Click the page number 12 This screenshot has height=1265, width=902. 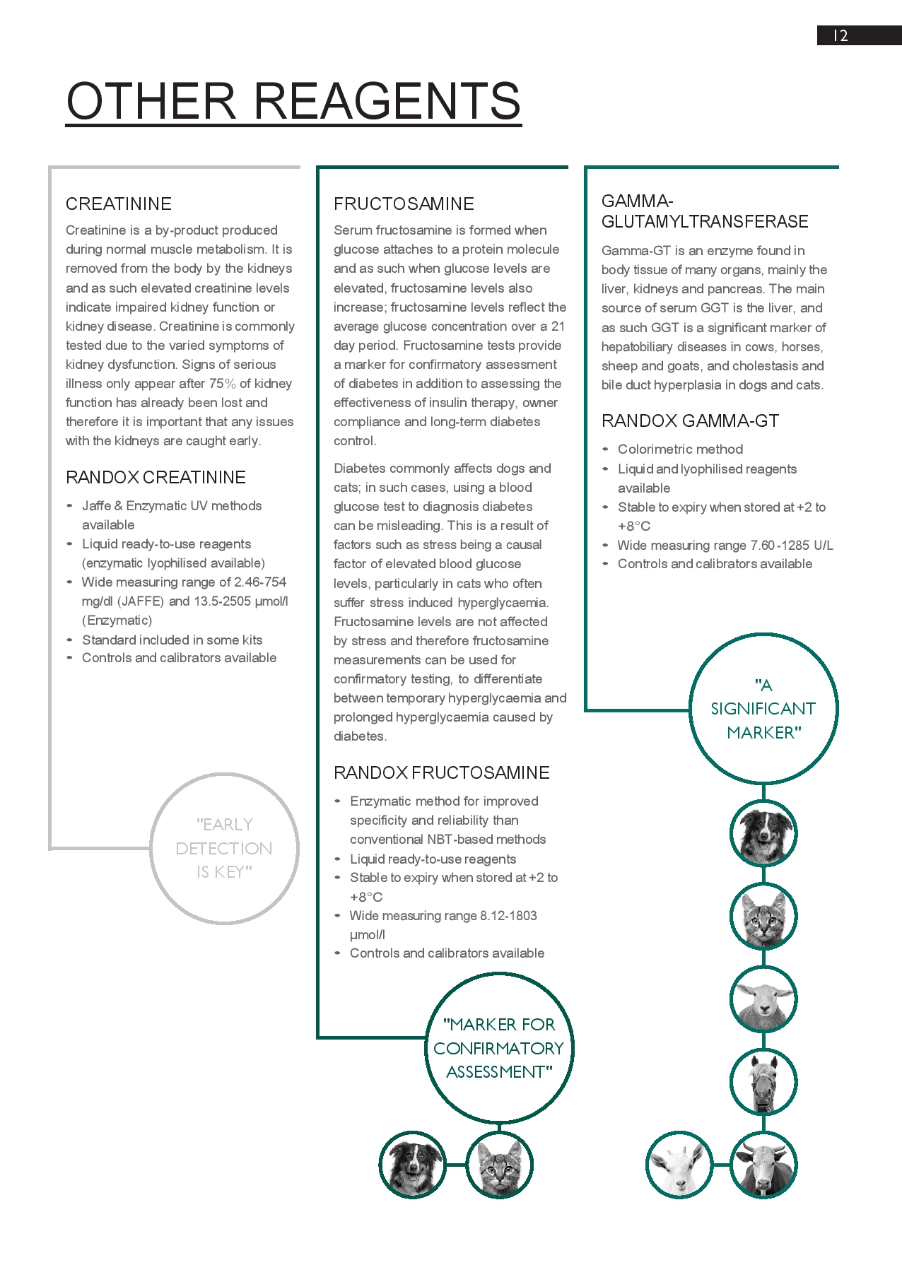tap(840, 36)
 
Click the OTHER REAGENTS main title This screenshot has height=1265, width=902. tap(293, 100)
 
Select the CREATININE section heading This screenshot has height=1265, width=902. tap(119, 204)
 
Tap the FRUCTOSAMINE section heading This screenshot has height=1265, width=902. tap(404, 204)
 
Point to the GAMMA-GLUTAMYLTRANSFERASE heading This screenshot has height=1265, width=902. tap(704, 211)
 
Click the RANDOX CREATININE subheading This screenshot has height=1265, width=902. tap(156, 478)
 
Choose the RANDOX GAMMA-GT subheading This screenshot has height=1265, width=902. tap(690, 421)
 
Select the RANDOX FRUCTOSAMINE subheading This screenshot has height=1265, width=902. tap(441, 773)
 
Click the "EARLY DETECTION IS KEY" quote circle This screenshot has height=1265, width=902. tap(224, 848)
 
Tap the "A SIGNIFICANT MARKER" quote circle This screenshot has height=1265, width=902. tap(763, 709)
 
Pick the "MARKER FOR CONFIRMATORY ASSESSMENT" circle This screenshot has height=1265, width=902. tap(499, 1048)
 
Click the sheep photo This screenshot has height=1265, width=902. tap(763, 999)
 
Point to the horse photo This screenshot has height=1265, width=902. tap(763, 1082)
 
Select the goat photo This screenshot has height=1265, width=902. tap(679, 1165)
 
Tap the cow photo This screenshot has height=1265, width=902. tap(763, 1165)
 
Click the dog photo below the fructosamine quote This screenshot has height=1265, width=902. tap(413, 1165)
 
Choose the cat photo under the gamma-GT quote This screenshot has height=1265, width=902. tap(763, 917)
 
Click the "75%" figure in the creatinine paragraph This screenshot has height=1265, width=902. tap(222, 384)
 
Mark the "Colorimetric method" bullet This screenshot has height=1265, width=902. tap(680, 449)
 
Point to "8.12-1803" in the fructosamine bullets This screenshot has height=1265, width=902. tap(508, 916)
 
